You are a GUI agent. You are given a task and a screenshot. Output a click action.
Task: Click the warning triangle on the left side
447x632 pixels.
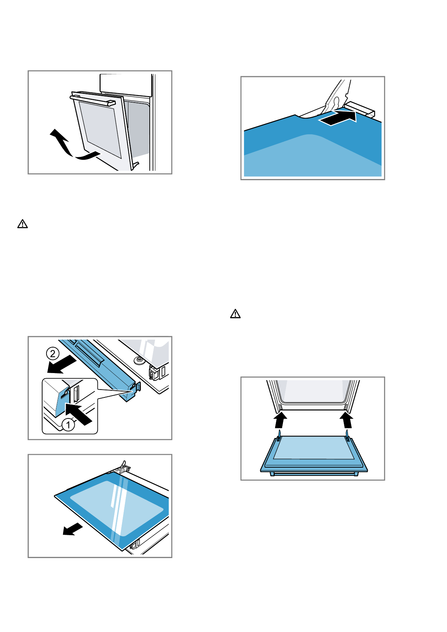(23, 224)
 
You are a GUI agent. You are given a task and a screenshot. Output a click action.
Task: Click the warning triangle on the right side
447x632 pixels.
(235, 314)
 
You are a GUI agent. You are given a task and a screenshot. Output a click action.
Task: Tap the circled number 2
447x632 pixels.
(53, 354)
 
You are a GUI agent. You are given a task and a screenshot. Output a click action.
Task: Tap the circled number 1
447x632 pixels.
(68, 425)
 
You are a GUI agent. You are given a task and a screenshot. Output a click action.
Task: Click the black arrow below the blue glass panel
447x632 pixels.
(73, 529)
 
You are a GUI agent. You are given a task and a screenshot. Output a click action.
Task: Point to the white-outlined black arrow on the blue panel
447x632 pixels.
(338, 117)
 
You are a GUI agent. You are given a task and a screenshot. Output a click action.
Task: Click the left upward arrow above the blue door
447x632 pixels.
(280, 420)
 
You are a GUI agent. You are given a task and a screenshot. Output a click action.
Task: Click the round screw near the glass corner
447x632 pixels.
(140, 360)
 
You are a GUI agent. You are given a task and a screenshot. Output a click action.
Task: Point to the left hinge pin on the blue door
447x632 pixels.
(280, 435)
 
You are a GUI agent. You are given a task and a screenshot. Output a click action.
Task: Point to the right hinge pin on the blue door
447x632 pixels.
(348, 435)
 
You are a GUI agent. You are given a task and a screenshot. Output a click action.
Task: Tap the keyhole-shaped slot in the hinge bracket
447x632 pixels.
(336, 102)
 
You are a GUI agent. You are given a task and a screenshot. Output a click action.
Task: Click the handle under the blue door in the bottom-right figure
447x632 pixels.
(314, 474)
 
